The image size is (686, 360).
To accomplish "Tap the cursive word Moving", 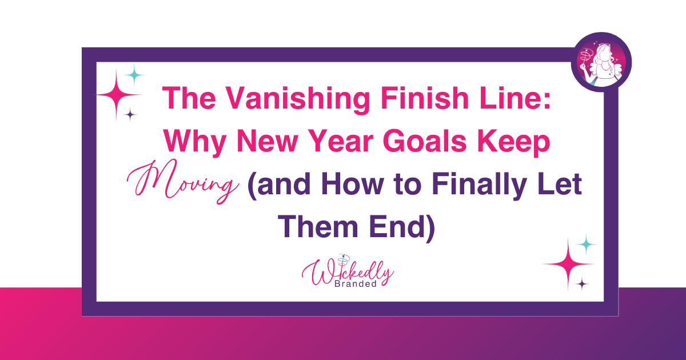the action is (183, 182).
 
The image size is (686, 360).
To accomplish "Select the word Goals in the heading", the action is (424, 142).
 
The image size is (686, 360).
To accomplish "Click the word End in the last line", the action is (402, 228).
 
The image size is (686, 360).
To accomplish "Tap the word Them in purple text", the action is (318, 227).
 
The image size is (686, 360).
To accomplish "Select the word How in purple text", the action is (353, 184).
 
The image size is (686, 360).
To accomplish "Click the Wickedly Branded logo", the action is (348, 271).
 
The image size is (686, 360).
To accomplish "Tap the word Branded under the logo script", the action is (356, 284).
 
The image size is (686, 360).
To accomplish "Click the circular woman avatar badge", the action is (601, 62).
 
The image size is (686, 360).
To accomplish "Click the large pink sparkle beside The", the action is (117, 95).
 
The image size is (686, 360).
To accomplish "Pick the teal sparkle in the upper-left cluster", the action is (134, 75).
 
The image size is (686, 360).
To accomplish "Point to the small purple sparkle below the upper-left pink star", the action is (130, 115).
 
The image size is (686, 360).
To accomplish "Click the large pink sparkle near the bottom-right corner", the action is (568, 264).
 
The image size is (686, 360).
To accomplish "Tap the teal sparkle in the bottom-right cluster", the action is (586, 245).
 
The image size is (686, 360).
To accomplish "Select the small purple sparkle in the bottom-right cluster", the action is (582, 284).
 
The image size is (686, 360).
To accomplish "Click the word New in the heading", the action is (268, 142).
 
